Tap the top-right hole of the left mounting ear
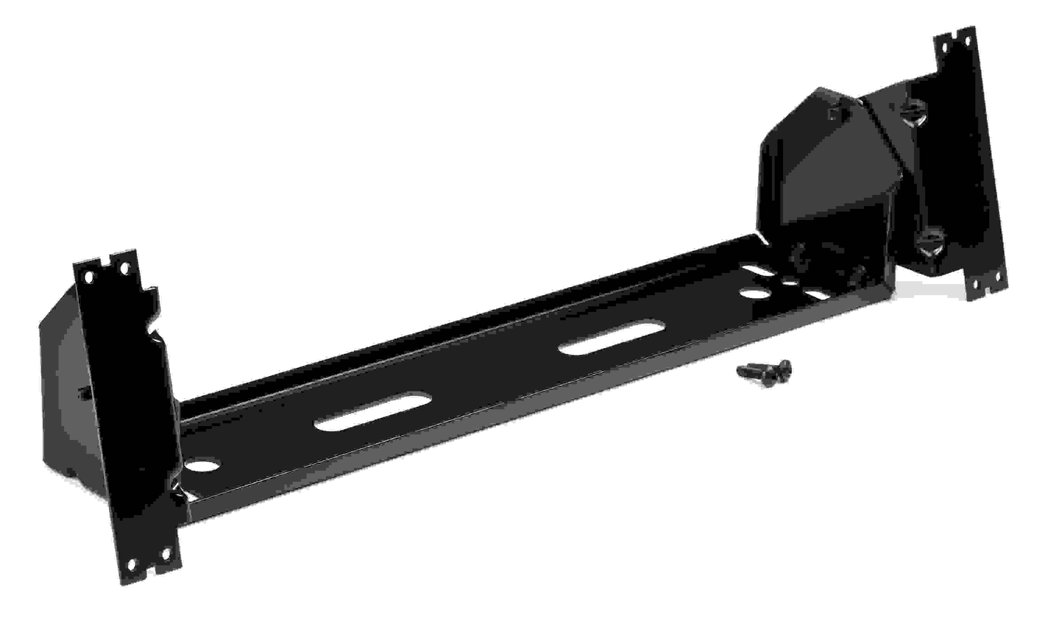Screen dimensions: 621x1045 click(x=125, y=267)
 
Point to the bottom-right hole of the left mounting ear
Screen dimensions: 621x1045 click(x=166, y=555)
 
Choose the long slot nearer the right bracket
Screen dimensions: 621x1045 click(x=612, y=338)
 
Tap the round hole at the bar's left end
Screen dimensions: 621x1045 click(x=203, y=465)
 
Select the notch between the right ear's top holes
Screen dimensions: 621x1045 click(x=956, y=38)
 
